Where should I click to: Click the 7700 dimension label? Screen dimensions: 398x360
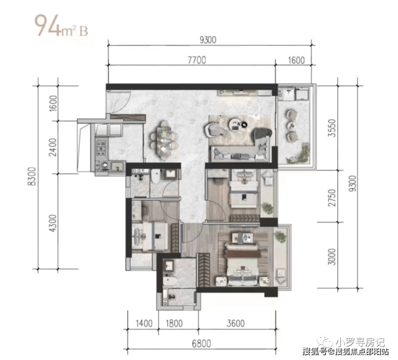pyautogui.click(x=197, y=60)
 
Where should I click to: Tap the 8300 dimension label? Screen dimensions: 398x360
pyautogui.click(x=32, y=176)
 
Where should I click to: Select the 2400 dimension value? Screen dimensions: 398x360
pyautogui.click(x=53, y=147)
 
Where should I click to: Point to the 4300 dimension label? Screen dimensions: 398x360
pyautogui.click(x=53, y=223)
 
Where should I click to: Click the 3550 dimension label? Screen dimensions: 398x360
pyautogui.click(x=332, y=128)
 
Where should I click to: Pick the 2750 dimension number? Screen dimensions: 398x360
pyautogui.click(x=332, y=198)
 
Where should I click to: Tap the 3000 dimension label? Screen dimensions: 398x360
pyautogui.click(x=332, y=257)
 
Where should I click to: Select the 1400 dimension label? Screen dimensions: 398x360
pyautogui.click(x=144, y=323)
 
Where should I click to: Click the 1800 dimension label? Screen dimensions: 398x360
pyautogui.click(x=174, y=323)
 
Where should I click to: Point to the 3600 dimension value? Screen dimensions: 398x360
pyautogui.click(x=236, y=323)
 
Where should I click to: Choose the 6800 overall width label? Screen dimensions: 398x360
pyautogui.click(x=201, y=344)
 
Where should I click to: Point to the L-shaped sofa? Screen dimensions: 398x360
pyautogui.click(x=240, y=149)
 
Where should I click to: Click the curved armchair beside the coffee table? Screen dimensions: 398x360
pyautogui.click(x=212, y=129)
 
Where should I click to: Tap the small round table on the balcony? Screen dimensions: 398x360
pyautogui.click(x=292, y=125)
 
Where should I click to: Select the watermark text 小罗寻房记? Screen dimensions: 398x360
pyautogui.click(x=360, y=342)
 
